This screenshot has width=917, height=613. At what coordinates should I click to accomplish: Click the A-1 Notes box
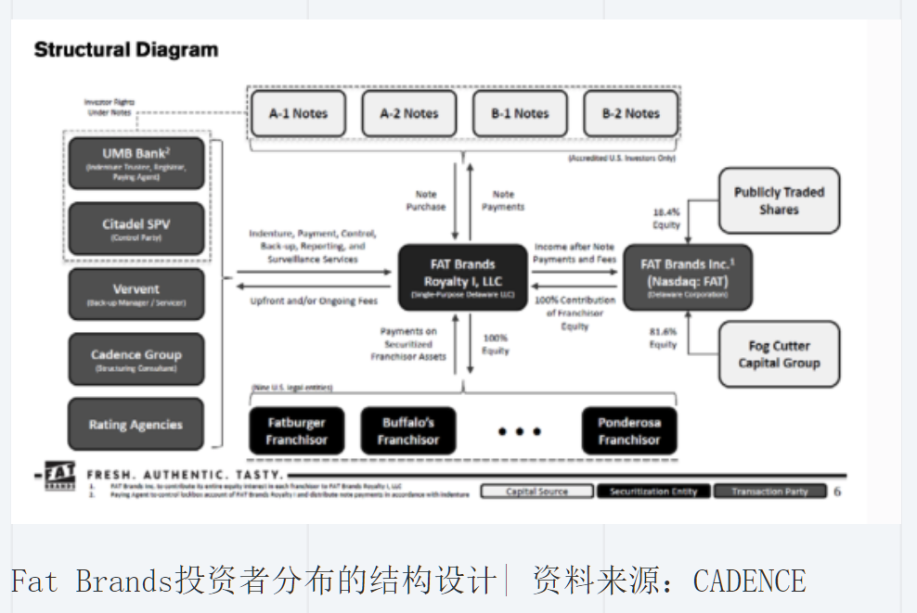pos(298,114)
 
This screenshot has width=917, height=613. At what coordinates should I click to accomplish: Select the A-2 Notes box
pos(408,114)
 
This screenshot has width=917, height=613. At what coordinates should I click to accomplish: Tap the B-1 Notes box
pos(520,114)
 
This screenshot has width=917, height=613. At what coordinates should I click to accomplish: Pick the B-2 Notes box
pos(630,114)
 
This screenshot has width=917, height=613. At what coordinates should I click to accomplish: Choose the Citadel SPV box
pos(136,228)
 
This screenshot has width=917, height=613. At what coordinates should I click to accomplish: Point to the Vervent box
pos(136,294)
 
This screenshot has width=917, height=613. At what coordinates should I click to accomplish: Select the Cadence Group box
pos(136,359)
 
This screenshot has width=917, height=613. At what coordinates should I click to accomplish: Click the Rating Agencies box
pos(136,425)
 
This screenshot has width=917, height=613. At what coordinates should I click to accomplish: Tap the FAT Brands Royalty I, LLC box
pos(461,277)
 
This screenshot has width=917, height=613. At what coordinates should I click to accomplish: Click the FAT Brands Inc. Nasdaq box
pos(687,277)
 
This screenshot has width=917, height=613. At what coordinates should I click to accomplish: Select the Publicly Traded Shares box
pos(779,201)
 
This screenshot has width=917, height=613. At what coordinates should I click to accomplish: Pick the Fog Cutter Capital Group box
pos(779,354)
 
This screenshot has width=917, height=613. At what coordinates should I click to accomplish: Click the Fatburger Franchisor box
pos(297,431)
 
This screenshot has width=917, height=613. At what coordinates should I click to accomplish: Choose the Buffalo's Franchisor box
pos(408,431)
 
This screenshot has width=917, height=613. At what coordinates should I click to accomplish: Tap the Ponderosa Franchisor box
pos(629,431)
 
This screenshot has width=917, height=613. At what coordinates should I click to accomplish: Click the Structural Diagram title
pos(126,50)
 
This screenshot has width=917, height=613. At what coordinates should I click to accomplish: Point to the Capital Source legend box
pos(536,492)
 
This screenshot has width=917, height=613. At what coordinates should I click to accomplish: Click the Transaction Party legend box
pos(769,492)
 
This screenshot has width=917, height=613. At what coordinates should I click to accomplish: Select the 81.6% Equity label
pos(664,338)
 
